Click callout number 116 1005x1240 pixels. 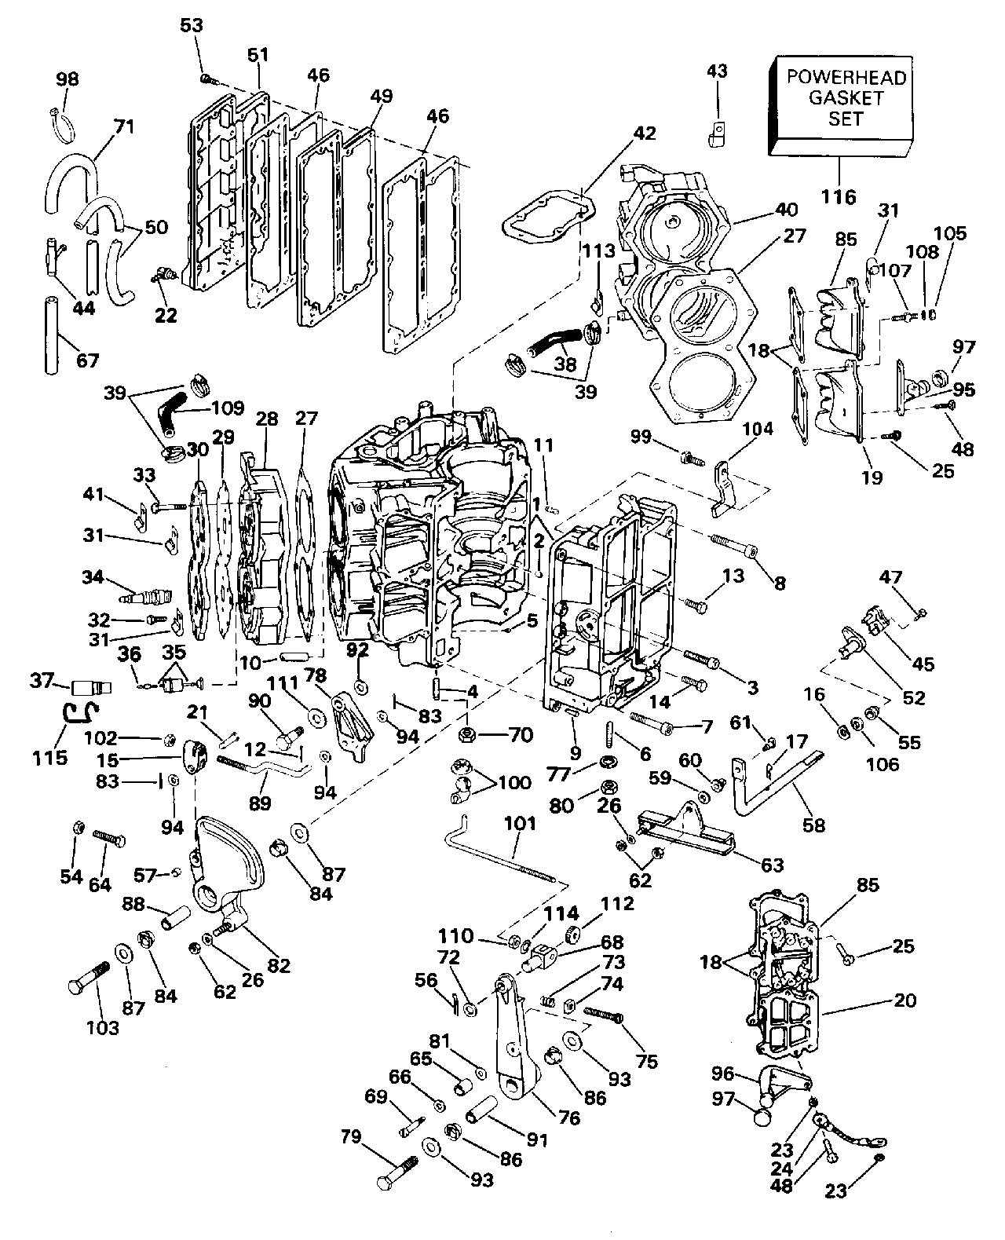point(839,196)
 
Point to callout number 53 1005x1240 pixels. point(192,25)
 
